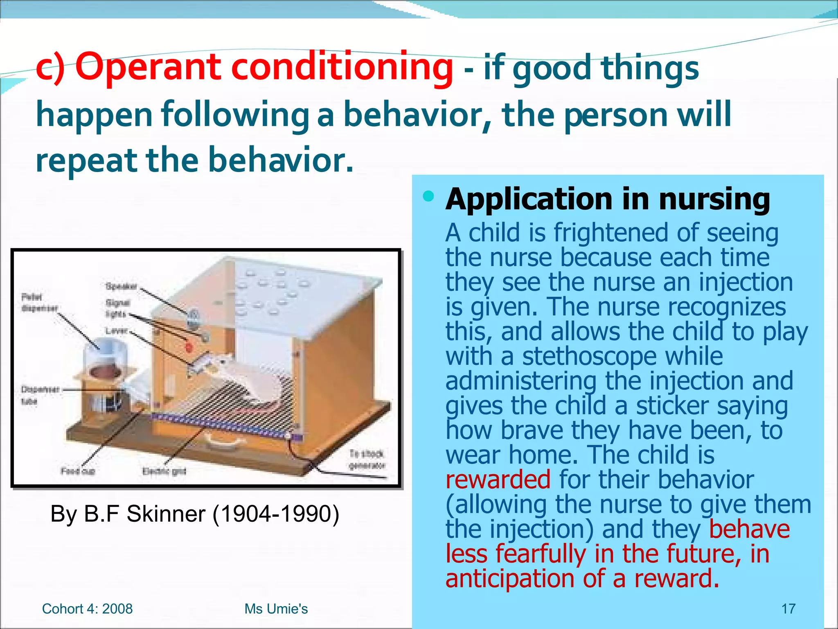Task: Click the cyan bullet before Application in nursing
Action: coord(428,197)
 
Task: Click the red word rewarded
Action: coord(498,480)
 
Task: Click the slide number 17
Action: coord(788,609)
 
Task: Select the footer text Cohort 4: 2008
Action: coord(87,609)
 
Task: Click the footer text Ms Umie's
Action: coord(276,609)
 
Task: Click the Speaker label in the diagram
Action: coord(121,286)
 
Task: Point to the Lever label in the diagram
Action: coord(117,330)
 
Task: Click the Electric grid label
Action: coord(164,471)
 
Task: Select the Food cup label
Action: coord(78,471)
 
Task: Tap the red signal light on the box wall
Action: coord(189,348)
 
